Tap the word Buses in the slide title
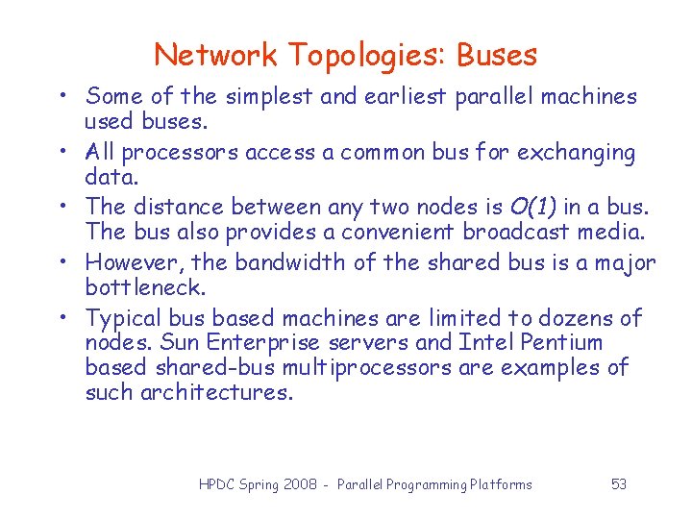click(x=497, y=55)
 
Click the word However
click(x=136, y=262)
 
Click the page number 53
click(x=619, y=484)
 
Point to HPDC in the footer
click(x=218, y=484)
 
